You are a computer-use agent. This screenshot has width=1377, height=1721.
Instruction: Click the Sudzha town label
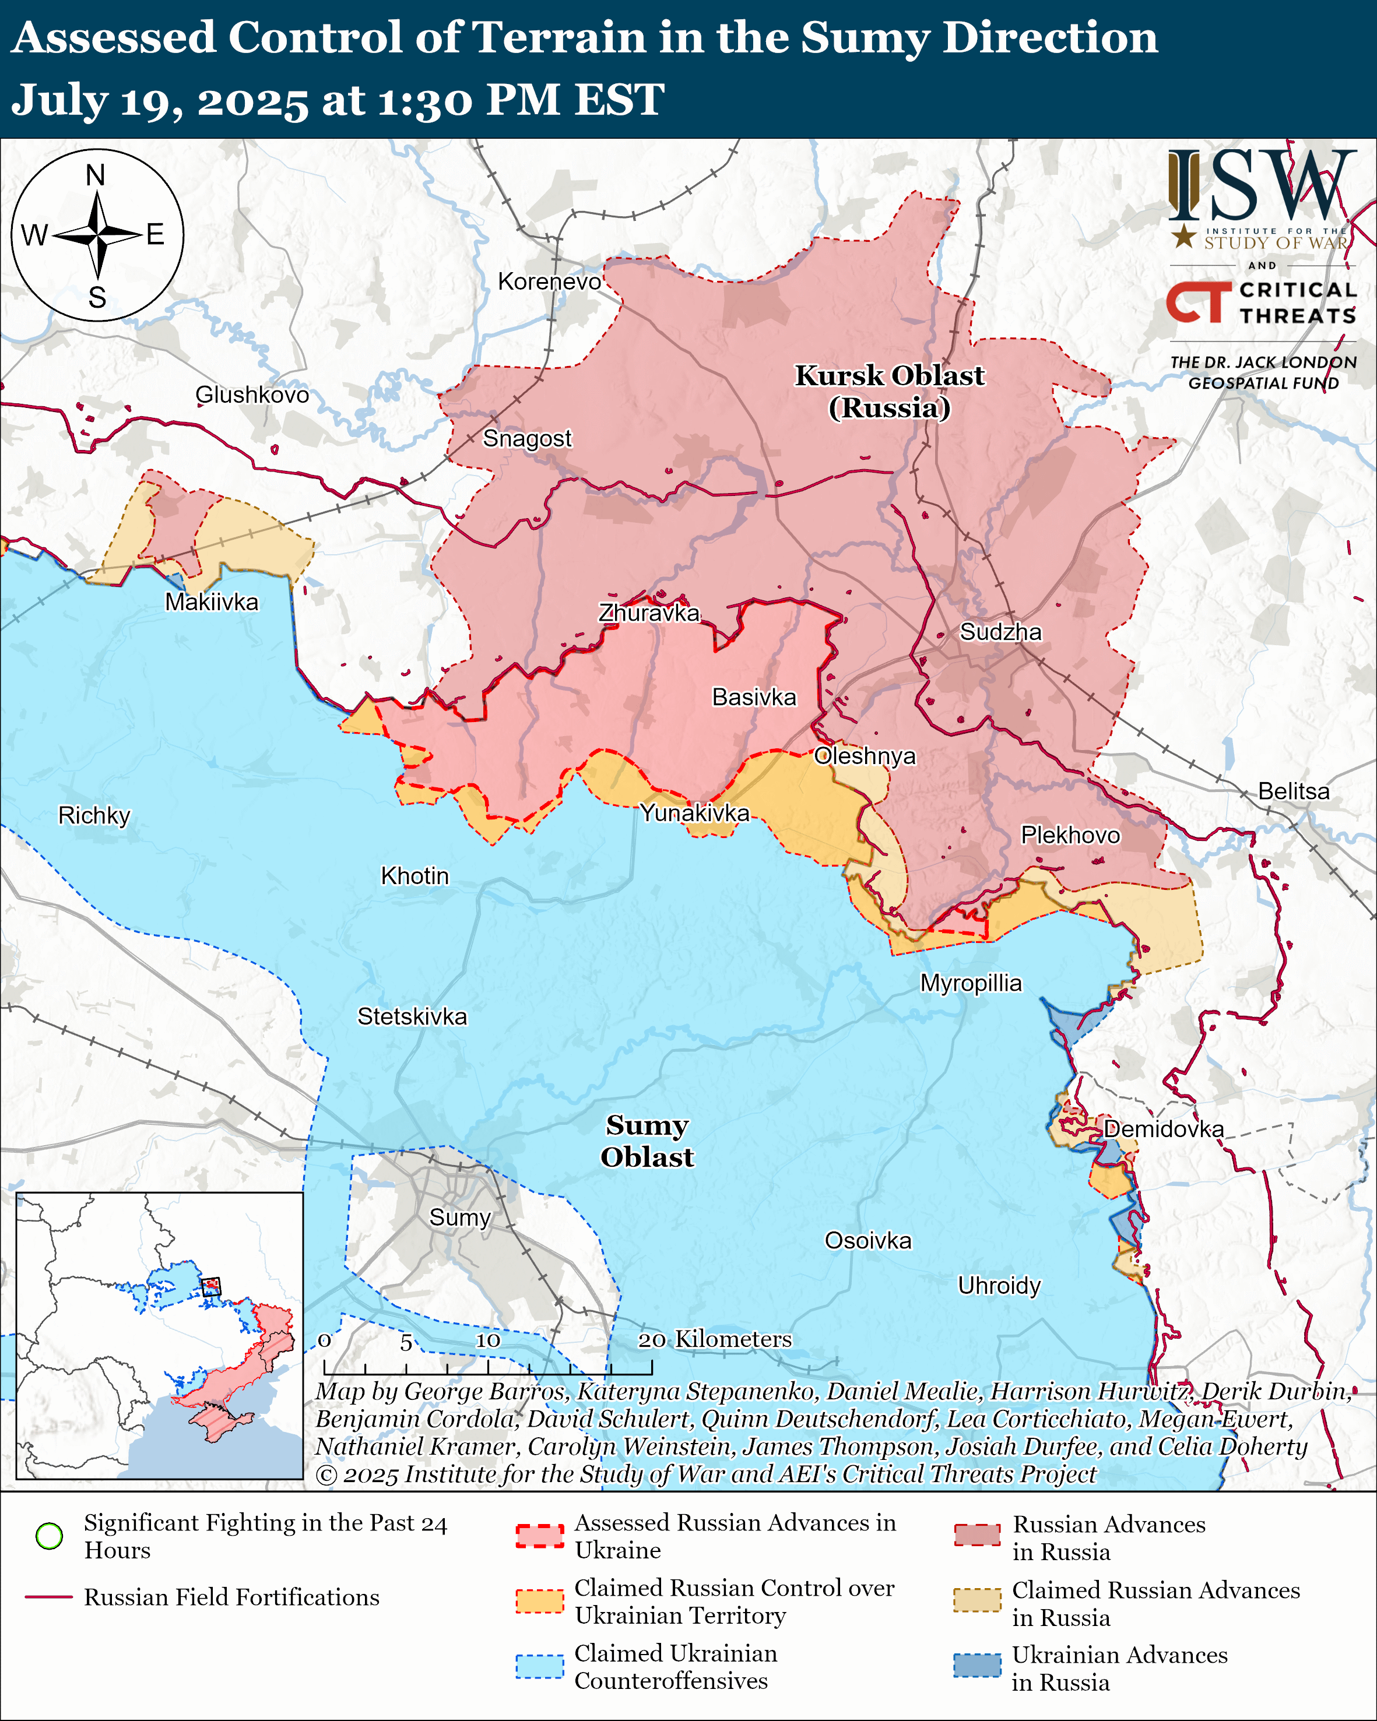pyautogui.click(x=1000, y=632)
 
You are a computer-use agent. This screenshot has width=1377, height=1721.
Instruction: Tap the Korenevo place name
pyautogui.click(x=549, y=281)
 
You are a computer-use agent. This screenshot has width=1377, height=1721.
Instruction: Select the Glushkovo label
pyautogui.click(x=252, y=395)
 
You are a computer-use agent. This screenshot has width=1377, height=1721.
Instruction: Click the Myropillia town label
pyautogui.click(x=971, y=983)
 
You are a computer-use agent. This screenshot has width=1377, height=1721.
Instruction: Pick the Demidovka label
pyautogui.click(x=1163, y=1129)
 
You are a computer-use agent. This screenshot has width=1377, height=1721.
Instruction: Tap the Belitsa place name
pyautogui.click(x=1293, y=792)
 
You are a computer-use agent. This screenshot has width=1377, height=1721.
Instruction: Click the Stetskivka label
pyautogui.click(x=412, y=1017)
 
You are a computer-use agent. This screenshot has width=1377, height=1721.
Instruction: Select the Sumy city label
pyautogui.click(x=460, y=1218)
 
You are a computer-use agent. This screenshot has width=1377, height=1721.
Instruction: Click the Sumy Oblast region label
pyautogui.click(x=647, y=1142)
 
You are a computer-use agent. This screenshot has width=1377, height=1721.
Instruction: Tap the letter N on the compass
pyautogui.click(x=96, y=175)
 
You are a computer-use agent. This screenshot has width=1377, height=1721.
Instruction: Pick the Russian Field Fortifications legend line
pyautogui.click(x=49, y=1597)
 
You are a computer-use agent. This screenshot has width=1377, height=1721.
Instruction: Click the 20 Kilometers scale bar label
pyautogui.click(x=715, y=1339)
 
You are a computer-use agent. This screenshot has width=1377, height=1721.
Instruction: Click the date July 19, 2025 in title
pyautogui.click(x=160, y=101)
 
